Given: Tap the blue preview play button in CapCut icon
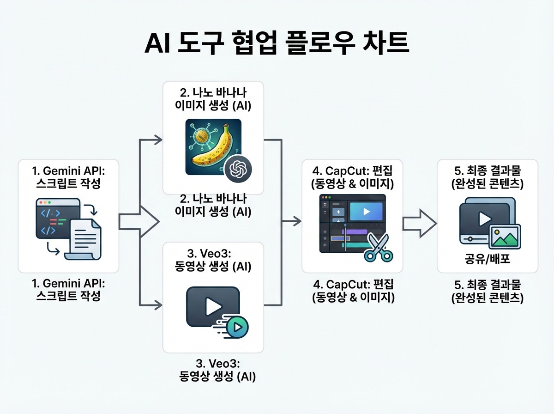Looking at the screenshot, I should tap(366, 212).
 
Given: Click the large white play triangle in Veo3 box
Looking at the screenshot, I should tap(212, 306).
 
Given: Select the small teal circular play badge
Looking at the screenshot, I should tap(237, 327).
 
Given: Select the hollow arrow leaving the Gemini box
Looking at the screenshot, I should tap(138, 222).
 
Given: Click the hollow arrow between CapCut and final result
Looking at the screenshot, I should tap(419, 222).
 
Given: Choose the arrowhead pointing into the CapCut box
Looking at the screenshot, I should tap(297, 222).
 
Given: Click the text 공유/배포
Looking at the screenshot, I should tap(487, 260).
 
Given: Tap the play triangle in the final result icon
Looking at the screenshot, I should tap(483, 219).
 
